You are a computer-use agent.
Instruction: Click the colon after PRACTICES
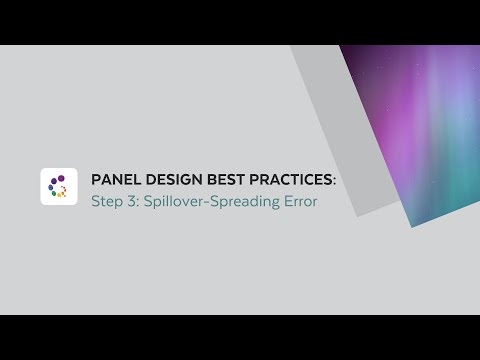pos(335,180)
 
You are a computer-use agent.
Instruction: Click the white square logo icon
pos(59,186)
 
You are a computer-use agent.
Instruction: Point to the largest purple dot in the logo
pos(54,181)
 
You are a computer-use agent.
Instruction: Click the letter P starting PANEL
pos(96,179)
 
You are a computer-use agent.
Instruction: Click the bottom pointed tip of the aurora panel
pos(410,225)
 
